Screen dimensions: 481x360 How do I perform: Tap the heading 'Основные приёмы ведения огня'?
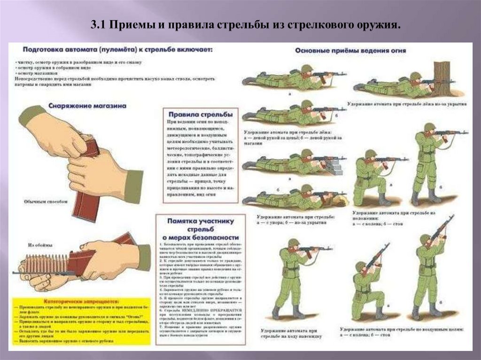coord(350,50)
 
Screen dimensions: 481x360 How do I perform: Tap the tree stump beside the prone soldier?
coord(442,77)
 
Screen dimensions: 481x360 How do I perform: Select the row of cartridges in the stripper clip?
coord(47,265)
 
